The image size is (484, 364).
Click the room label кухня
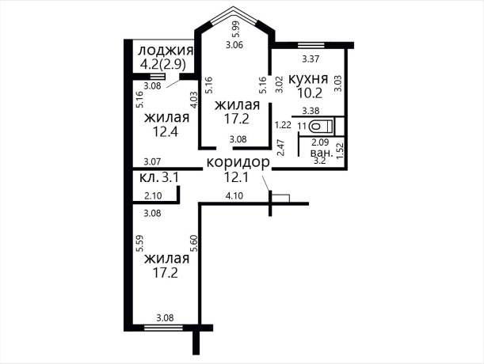307,79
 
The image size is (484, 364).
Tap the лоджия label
166,51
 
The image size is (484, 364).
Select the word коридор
238,163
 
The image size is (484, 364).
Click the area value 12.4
166,132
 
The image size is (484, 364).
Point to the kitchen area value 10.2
310,93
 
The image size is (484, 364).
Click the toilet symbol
321,126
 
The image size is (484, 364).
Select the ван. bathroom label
322,153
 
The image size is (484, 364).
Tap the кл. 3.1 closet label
159,178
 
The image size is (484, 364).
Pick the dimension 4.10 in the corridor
234,196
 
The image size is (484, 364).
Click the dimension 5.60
194,244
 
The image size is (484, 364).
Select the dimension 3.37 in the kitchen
311,59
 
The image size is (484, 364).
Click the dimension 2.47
281,148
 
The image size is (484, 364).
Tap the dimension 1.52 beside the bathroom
340,151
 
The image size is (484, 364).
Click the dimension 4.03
193,100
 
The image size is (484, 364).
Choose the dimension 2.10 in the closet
153,195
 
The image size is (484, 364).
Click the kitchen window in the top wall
311,45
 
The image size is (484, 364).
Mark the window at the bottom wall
163,328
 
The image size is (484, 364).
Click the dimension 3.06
234,45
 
